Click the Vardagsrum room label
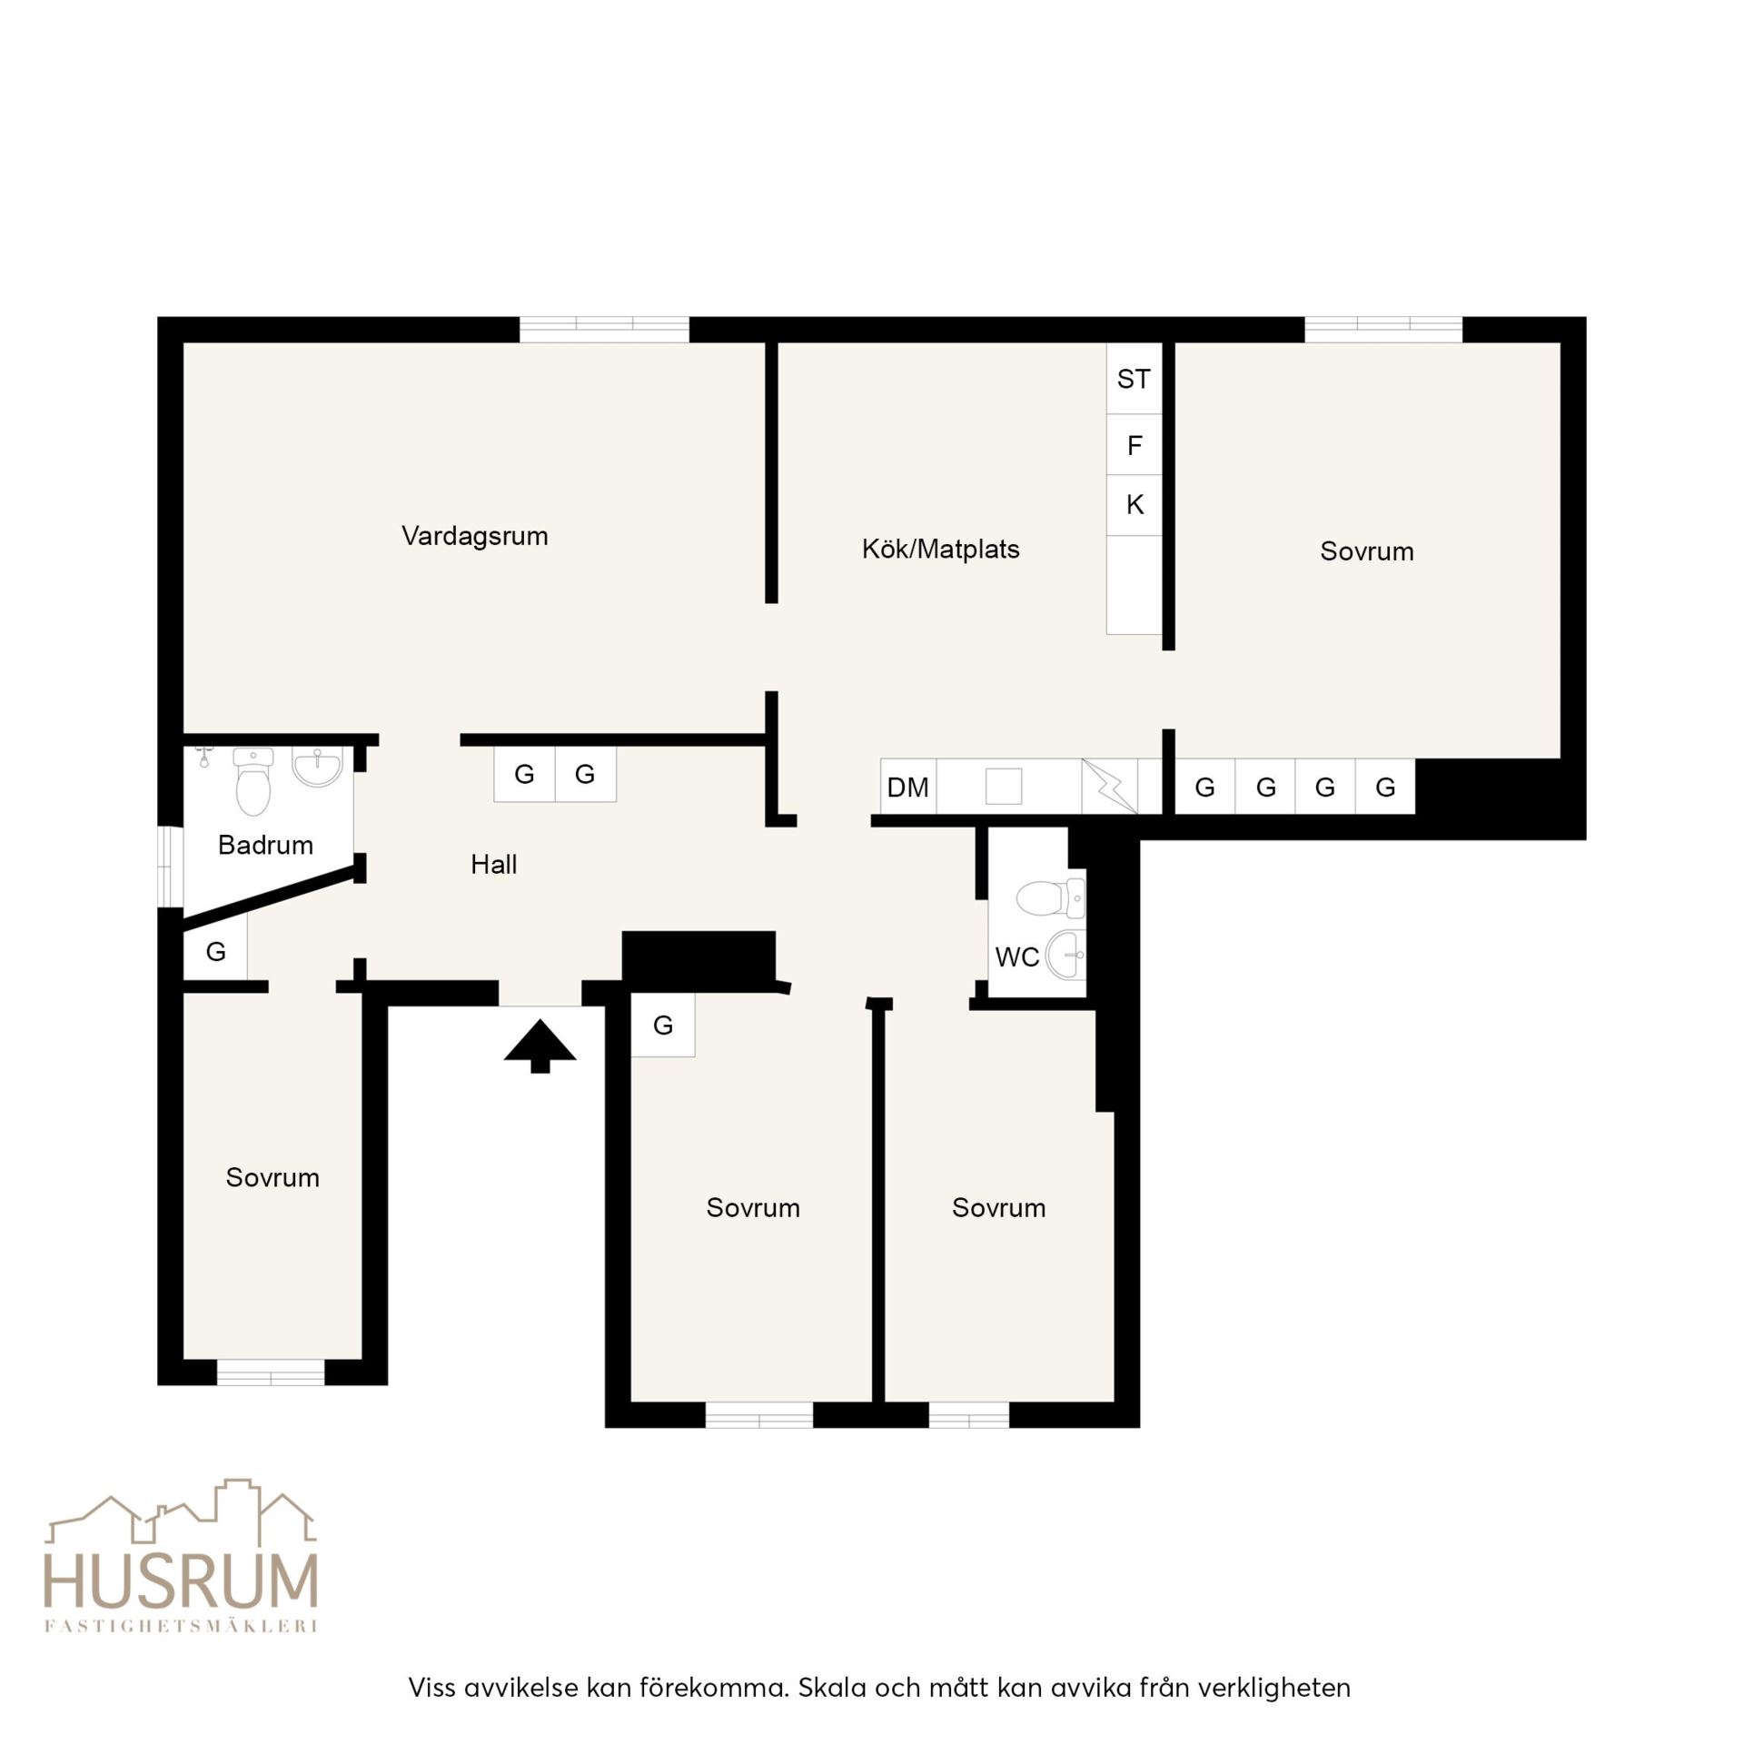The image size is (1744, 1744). click(475, 536)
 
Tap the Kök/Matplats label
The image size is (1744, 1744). click(941, 549)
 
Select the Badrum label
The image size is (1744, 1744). click(265, 845)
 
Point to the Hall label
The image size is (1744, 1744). click(493, 864)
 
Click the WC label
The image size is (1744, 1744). click(1017, 956)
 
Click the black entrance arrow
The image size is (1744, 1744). click(540, 1046)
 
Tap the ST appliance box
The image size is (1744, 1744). click(1134, 379)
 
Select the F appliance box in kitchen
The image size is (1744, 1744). click(1134, 445)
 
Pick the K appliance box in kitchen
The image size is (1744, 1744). click(1134, 505)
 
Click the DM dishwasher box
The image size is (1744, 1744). click(908, 787)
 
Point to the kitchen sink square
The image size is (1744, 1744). click(1004, 787)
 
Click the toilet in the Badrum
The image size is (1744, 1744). click(253, 782)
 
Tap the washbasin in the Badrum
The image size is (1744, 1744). click(317, 768)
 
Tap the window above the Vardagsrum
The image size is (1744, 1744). click(604, 330)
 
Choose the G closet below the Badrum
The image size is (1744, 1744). click(215, 951)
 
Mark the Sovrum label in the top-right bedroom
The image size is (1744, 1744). click(1366, 551)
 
